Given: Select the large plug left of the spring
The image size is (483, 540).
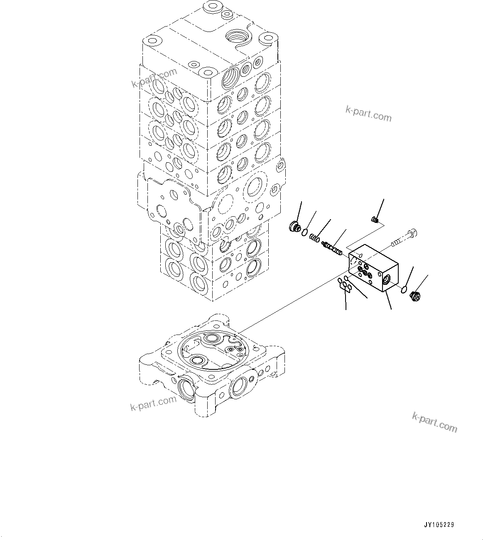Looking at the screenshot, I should (294, 227).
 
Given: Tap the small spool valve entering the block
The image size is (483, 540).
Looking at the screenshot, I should (332, 248).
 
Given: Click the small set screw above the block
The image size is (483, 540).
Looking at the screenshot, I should (375, 219).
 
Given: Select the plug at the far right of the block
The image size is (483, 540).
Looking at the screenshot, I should (414, 296).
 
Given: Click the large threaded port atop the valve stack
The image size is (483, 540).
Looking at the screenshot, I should (238, 37).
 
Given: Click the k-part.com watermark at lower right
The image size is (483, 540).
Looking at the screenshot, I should (434, 422).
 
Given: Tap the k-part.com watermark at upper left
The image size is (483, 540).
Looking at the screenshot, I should (154, 78).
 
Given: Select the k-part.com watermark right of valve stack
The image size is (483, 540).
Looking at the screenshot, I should (368, 114).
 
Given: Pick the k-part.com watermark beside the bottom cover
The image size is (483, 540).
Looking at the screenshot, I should (153, 403).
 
